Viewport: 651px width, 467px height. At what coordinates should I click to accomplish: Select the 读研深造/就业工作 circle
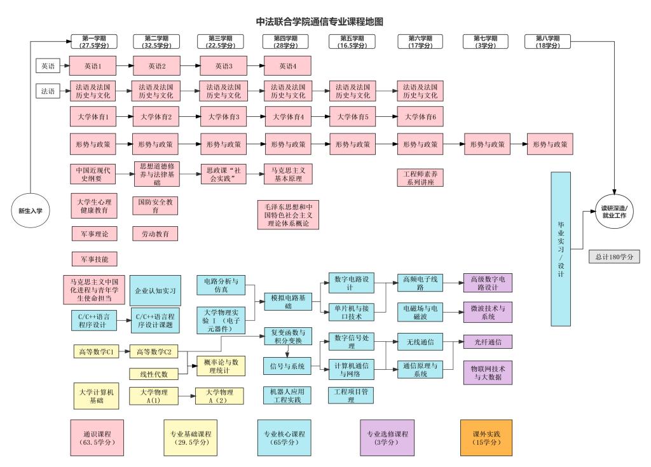point(613,212)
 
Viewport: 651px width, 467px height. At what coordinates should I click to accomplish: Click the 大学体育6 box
point(419,117)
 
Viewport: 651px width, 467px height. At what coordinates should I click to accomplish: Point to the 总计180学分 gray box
point(614,257)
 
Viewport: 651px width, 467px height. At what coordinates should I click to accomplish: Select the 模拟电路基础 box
point(288,302)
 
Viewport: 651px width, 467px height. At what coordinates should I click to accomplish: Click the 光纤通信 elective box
point(487,342)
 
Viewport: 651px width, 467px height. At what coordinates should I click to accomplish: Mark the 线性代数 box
point(153,374)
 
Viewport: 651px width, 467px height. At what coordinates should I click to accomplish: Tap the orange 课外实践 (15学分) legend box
point(486,438)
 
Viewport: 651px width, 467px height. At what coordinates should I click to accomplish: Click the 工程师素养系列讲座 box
point(419,177)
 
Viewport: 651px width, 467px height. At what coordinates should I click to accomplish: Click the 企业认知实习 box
point(154,290)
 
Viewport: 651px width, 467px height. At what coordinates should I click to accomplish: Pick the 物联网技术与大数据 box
point(488,372)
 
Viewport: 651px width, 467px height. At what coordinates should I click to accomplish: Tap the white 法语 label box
point(48,91)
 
